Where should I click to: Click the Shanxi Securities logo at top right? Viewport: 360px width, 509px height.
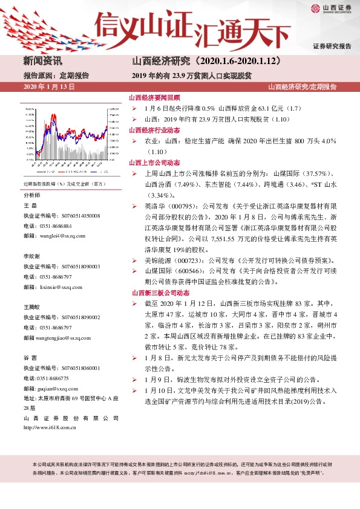click(x=330, y=9)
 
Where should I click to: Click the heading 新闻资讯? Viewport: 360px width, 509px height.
click(x=42, y=61)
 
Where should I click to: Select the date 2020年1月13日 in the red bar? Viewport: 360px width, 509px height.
click(x=48, y=87)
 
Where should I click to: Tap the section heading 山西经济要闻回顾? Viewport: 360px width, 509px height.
click(x=151, y=97)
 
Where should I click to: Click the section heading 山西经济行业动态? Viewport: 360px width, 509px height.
click(x=151, y=130)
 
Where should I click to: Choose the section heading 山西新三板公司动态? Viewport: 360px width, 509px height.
click(x=155, y=293)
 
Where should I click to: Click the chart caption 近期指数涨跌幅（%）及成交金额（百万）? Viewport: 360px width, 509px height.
click(x=64, y=184)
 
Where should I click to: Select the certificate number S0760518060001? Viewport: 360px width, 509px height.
click(x=80, y=368)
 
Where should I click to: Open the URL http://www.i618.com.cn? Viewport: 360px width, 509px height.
click(x=50, y=429)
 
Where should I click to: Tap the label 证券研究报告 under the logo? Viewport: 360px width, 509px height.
click(x=332, y=46)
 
